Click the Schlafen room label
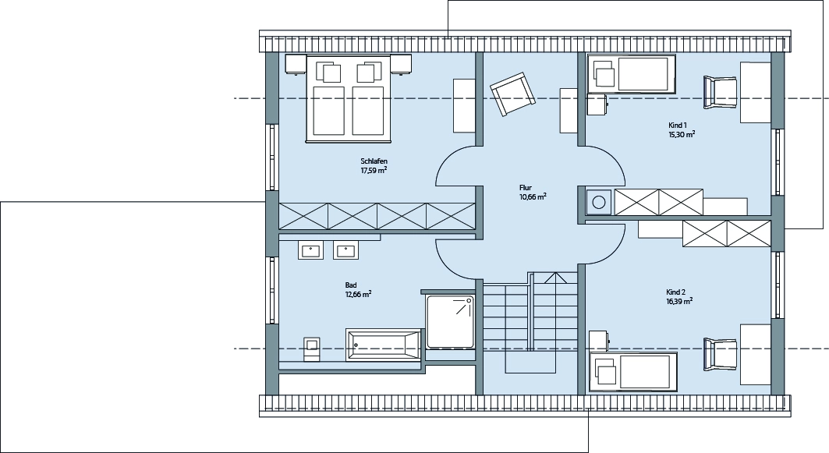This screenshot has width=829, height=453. point(374,161)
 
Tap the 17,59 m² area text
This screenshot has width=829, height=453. point(374,170)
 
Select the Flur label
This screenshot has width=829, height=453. point(526,188)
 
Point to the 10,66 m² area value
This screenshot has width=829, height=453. point(533,196)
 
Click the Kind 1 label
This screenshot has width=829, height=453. point(677,126)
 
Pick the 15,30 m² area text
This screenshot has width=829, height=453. point(682,134)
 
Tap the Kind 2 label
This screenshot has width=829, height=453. point(675,292)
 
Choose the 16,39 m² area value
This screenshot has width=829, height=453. point(679,301)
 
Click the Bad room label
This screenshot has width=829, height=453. point(350,285)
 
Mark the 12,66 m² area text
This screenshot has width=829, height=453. point(358,295)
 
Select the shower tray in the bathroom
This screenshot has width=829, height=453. point(451,321)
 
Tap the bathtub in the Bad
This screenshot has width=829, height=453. point(384,345)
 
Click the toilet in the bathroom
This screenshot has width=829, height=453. point(311,349)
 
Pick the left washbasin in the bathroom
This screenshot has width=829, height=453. point(311,250)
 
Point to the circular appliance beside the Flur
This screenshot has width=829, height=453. point(599,202)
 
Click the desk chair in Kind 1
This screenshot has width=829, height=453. point(720,93)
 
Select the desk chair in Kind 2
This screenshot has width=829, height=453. point(720,354)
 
